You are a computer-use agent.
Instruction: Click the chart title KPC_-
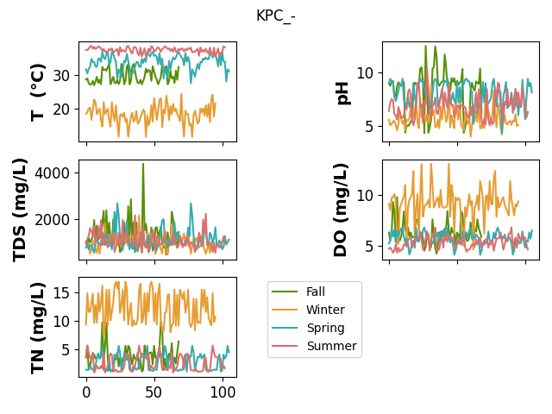pos(276,16)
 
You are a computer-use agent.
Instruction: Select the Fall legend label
pos(316,292)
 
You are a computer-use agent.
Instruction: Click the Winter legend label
pos(325,310)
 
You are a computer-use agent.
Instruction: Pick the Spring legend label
pos(325,328)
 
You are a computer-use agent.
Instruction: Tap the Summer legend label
pos(331,346)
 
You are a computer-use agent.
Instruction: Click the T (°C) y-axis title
pos(38,92)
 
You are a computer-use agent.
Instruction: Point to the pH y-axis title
pos(342,93)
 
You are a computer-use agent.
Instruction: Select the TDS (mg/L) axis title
pos(19,210)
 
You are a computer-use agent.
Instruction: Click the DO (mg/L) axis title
pos(341,210)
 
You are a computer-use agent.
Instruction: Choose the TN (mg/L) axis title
pos(38,328)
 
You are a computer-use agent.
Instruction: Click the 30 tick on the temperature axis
pos(61,76)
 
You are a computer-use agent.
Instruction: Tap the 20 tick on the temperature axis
pos(61,110)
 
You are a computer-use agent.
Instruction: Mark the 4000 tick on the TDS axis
pos(52,173)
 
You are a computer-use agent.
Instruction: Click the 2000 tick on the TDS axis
pos(52,220)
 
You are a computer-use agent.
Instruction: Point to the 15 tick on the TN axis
pos(61,292)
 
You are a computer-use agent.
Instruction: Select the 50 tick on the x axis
pos(154,392)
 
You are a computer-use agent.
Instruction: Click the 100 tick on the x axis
pos(223,392)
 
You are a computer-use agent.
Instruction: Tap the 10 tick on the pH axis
pos(365,73)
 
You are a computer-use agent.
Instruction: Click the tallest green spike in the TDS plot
pos(143,164)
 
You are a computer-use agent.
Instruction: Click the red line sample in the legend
pos(285,346)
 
